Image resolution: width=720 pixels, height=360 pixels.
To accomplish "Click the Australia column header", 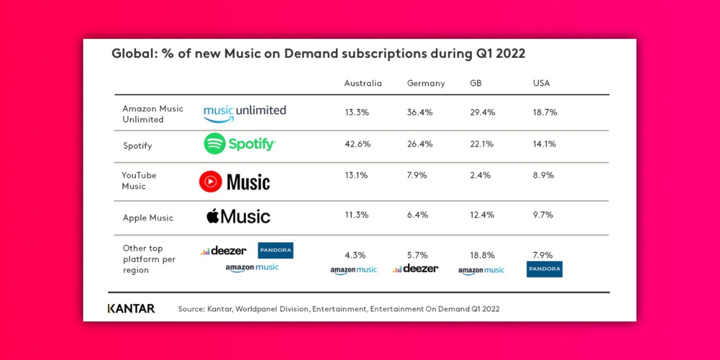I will pos(362,83).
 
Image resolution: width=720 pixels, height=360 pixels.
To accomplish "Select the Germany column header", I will pos(425,83).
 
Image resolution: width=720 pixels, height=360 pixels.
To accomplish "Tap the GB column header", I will pos(475,83).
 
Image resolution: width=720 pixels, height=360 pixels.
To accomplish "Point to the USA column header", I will pos(541,83).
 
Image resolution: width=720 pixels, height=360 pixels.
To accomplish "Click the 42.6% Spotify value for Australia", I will pos(357,144).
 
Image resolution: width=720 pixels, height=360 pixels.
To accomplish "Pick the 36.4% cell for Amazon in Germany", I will pos(419,112).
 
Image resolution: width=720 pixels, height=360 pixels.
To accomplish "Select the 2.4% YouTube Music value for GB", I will pos(480,175).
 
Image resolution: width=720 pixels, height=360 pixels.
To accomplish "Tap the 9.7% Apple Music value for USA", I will pos(542,215).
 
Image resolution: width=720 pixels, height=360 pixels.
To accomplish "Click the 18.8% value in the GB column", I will pos(482,255).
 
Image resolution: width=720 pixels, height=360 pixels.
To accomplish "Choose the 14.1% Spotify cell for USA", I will pos(544,144).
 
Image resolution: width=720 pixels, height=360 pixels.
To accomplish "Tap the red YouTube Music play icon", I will pos(210,182).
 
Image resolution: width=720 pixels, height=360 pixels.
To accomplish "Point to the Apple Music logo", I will pos(238,216).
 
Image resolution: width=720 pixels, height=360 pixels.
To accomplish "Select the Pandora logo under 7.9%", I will pos(544,269).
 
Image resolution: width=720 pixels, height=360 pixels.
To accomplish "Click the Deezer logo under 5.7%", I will pos(415,269).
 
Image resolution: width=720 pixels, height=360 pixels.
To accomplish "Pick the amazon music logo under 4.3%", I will pos(353,270).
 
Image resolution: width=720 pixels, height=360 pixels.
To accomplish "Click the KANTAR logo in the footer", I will pos(131,308).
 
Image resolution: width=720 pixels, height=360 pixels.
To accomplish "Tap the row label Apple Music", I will pos(148,218).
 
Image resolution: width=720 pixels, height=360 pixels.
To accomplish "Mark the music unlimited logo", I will pos(244,112).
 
